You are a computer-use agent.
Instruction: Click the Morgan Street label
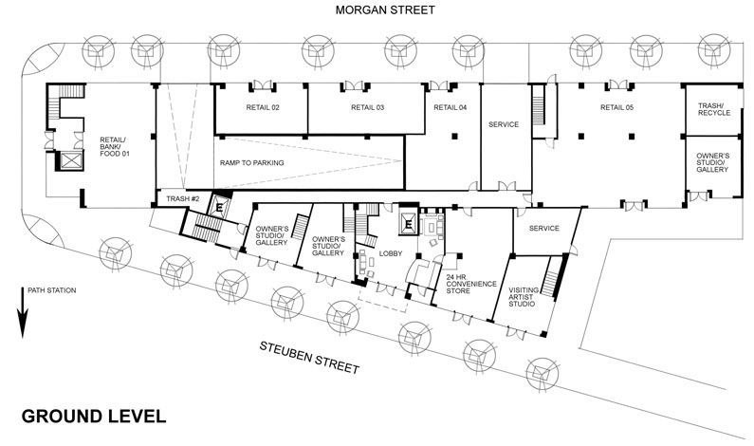(x=385, y=10)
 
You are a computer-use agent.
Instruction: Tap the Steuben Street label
(x=309, y=358)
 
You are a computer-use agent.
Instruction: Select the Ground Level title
(x=94, y=417)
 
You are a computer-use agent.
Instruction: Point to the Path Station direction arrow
(x=23, y=313)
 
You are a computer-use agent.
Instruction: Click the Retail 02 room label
(x=263, y=107)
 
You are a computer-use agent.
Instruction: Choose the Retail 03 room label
(x=367, y=107)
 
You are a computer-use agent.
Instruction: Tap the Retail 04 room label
(x=451, y=107)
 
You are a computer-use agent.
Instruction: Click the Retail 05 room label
(x=617, y=107)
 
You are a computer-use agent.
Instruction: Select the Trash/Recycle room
(x=714, y=110)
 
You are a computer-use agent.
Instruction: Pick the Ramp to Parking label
(x=252, y=162)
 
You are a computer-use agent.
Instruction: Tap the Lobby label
(x=391, y=253)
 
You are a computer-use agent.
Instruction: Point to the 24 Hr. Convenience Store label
(x=471, y=284)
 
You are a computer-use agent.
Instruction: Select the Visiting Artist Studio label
(x=524, y=297)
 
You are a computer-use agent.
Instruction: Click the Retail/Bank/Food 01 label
(x=115, y=147)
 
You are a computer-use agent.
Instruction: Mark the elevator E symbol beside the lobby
(x=409, y=224)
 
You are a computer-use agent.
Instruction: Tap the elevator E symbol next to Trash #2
(x=219, y=208)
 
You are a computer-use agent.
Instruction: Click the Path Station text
(x=52, y=290)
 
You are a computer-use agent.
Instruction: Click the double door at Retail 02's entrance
(x=263, y=85)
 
